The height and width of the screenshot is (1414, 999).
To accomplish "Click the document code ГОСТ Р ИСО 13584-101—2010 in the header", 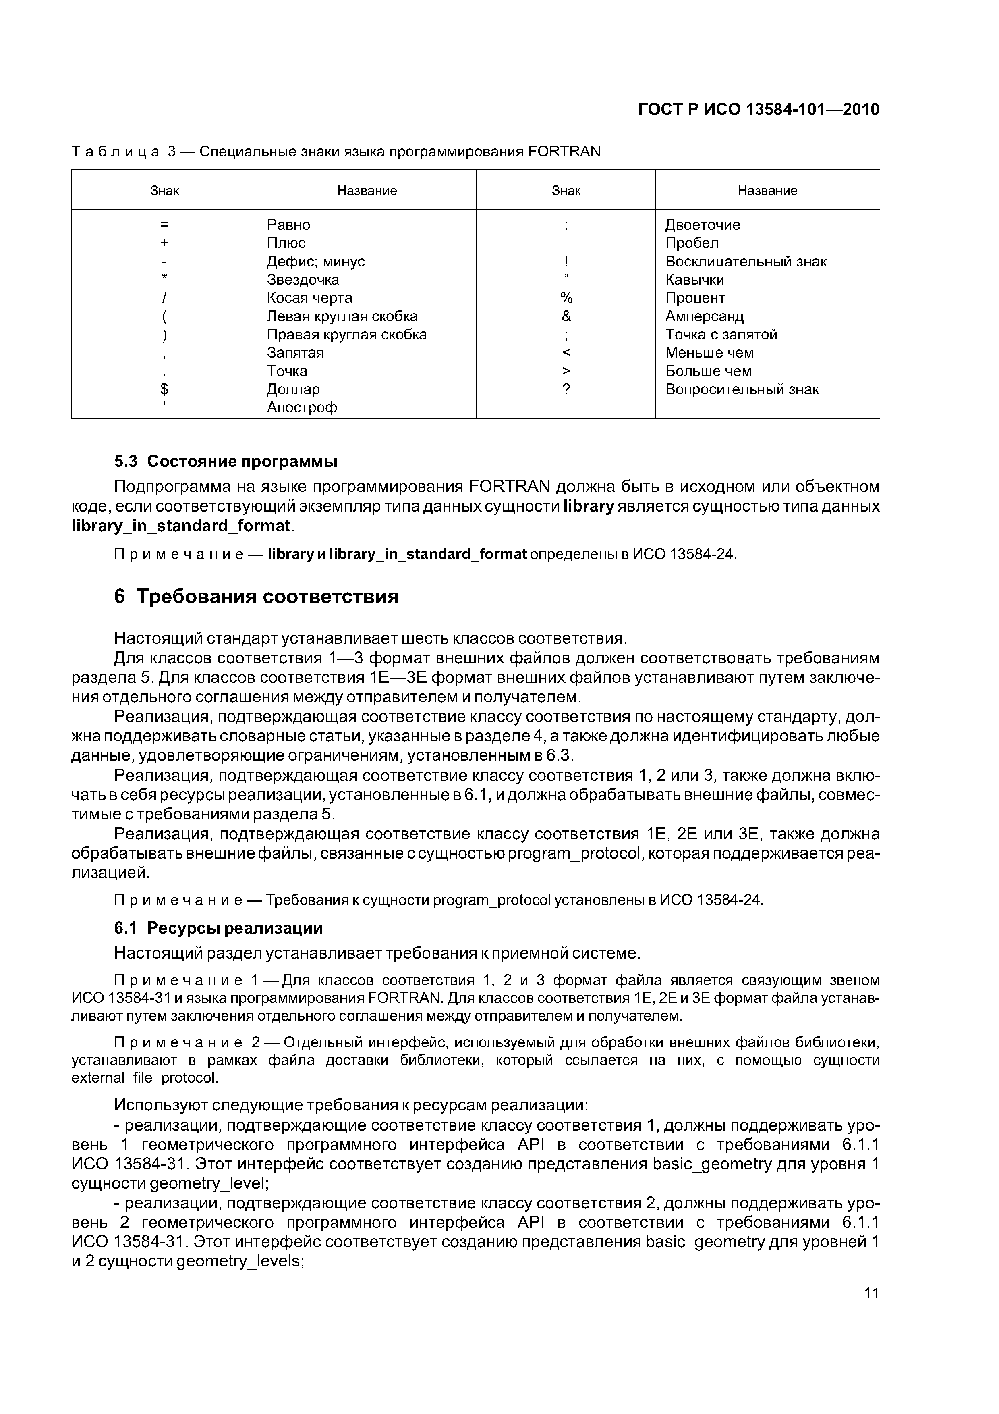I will [759, 110].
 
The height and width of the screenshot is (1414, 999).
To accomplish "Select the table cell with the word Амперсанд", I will [704, 316].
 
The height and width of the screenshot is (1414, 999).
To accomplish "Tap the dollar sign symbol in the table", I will [164, 389].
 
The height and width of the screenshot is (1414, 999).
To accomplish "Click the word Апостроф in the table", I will [302, 408].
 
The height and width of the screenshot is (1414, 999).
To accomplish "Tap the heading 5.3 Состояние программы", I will [226, 461].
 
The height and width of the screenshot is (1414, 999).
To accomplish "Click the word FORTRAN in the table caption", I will [564, 152].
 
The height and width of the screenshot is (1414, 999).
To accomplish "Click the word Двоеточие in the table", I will [702, 225].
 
